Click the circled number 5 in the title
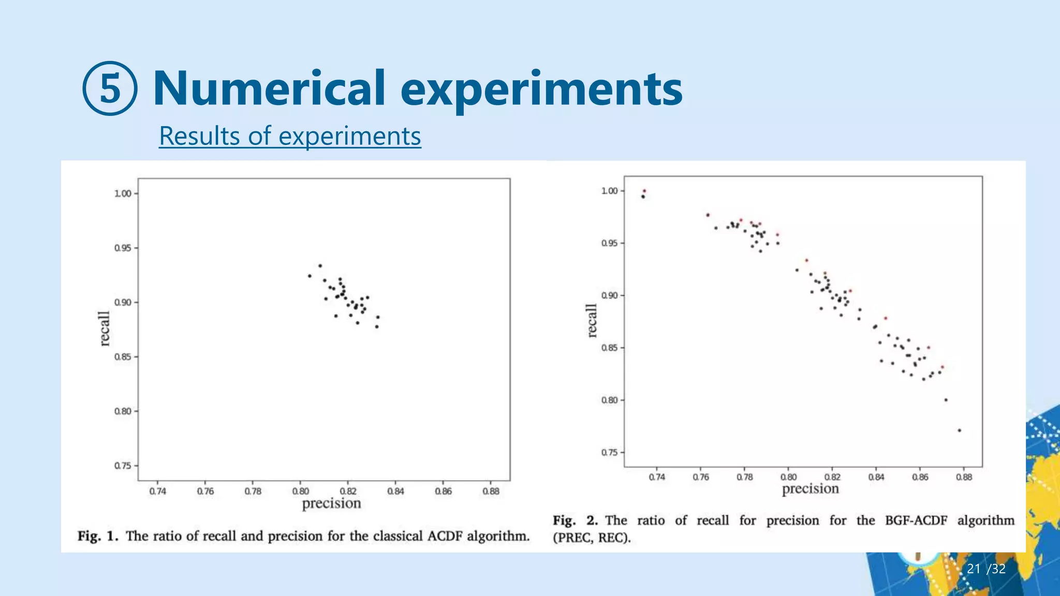[x=110, y=88]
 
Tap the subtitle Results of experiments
[x=290, y=136]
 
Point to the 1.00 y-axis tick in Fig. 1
[x=123, y=193]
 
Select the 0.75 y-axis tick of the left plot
[x=123, y=466]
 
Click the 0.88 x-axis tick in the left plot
[x=491, y=491]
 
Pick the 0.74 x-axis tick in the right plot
[x=657, y=477]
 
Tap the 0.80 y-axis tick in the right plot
[x=609, y=400]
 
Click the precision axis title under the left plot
[x=331, y=503]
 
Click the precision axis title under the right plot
[x=810, y=489]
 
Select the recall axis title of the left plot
[x=105, y=329]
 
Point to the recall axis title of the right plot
[x=592, y=321]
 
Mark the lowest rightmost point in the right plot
[x=959, y=430]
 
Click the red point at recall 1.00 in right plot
[x=644, y=191]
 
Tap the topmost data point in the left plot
[x=320, y=265]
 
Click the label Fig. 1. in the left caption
[x=98, y=536]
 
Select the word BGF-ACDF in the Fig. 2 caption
[x=916, y=520]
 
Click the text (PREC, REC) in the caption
[x=592, y=538]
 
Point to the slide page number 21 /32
[x=986, y=569]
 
